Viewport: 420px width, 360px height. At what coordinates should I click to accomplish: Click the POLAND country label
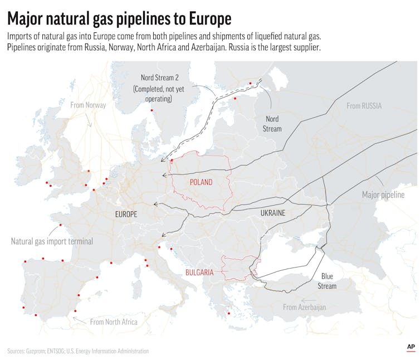[x=201, y=182]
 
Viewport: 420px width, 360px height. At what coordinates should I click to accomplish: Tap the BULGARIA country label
[x=199, y=273]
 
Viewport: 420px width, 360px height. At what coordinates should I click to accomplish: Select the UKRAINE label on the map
[x=273, y=213]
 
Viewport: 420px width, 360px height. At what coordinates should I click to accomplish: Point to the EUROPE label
[x=126, y=214]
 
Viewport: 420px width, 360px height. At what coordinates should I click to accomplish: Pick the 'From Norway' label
[x=87, y=105]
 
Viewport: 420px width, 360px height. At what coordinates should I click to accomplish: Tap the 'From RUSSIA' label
[x=364, y=106]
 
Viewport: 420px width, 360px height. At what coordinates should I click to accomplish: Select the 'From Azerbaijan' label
[x=304, y=307]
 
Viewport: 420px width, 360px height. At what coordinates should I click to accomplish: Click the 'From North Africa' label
[x=114, y=322]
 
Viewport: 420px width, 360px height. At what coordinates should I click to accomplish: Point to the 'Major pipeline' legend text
[x=383, y=195]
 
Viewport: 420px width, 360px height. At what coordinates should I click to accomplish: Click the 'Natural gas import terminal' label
[x=52, y=241]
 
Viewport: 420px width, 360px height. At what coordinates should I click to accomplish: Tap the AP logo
[x=410, y=347]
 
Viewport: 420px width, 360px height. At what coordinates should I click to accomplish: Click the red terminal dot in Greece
[x=228, y=313]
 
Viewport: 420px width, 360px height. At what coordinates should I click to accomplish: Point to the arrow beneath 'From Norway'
[x=89, y=119]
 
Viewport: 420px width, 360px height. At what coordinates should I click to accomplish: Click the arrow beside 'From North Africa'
[x=79, y=320]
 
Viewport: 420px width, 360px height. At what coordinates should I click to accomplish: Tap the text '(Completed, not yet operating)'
[x=152, y=94]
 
